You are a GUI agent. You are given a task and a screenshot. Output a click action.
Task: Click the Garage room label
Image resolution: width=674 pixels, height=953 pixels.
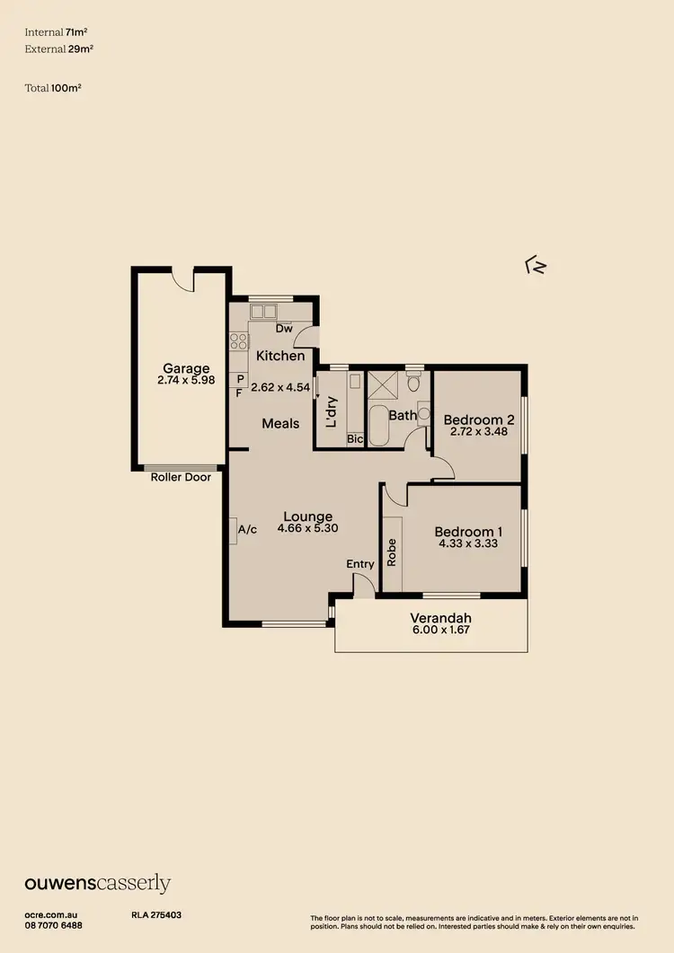186,368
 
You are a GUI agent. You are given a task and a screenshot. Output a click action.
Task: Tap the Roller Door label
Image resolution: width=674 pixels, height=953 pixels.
181,477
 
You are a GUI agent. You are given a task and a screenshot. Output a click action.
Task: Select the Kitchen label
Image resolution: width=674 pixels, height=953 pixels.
280,356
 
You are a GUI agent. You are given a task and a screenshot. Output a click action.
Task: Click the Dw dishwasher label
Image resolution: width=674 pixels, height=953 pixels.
284,329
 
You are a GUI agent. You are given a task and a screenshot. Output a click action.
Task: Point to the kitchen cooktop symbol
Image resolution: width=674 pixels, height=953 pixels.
238,340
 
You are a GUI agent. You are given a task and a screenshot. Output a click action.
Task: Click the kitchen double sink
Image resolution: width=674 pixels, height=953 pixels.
263,312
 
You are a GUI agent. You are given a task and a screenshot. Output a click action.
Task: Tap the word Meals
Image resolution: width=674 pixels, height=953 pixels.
280,423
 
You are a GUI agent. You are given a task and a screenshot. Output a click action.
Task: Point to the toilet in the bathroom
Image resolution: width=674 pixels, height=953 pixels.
413,383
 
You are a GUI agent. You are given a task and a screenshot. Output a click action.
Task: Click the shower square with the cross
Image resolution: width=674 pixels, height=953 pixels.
384,384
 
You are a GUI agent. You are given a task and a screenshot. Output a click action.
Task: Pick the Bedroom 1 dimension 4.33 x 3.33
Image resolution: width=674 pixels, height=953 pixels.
467,543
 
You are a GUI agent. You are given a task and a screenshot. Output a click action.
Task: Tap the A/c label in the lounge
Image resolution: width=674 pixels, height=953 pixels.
247,530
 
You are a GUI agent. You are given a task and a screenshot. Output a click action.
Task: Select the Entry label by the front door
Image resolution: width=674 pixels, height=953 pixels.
360,564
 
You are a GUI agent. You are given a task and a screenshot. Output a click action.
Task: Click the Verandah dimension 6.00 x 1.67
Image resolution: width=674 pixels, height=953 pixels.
440,631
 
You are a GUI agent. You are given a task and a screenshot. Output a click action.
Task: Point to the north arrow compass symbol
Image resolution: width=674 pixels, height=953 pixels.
536,265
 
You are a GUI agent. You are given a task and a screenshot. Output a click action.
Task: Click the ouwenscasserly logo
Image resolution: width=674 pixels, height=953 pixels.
97,884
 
